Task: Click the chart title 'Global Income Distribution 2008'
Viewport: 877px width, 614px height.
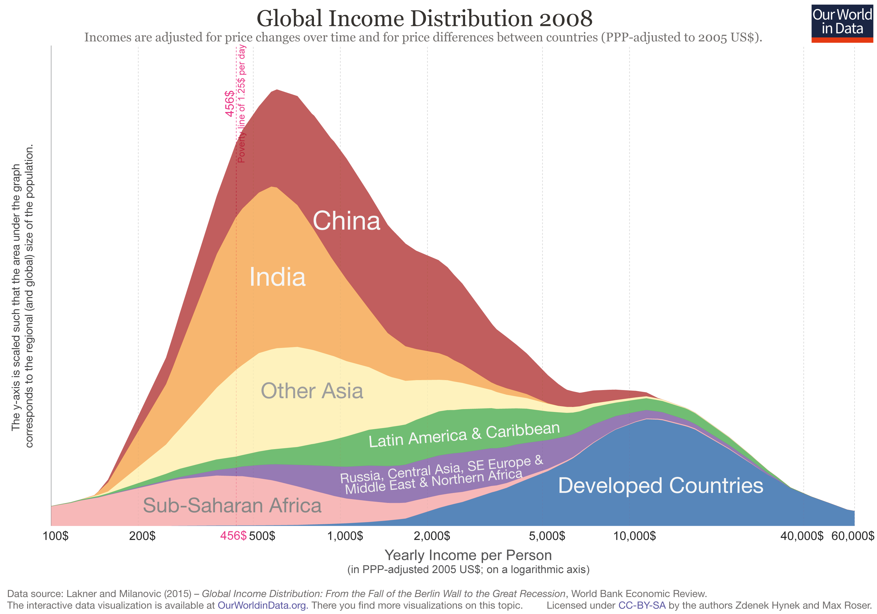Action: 424,18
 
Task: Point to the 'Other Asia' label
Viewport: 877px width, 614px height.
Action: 312,391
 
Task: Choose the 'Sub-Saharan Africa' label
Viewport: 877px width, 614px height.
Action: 232,506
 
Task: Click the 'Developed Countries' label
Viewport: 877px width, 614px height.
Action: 660,486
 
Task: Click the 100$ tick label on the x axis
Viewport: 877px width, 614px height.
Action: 56,536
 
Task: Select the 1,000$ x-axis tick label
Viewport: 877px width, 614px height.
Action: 345,536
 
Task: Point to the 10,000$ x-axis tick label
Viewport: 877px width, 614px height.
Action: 634,536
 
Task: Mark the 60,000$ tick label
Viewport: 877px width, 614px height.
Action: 852,536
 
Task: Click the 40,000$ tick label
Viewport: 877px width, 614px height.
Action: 802,536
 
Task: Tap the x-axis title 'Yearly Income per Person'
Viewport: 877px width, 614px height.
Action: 468,555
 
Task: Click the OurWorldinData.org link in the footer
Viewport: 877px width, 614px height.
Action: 263,605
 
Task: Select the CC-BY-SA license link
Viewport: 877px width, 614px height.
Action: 642,605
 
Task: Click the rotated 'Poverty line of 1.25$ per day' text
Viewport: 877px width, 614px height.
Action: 242,104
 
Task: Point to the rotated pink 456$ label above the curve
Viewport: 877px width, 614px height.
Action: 229,104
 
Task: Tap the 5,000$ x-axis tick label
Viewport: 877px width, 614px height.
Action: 547,536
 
